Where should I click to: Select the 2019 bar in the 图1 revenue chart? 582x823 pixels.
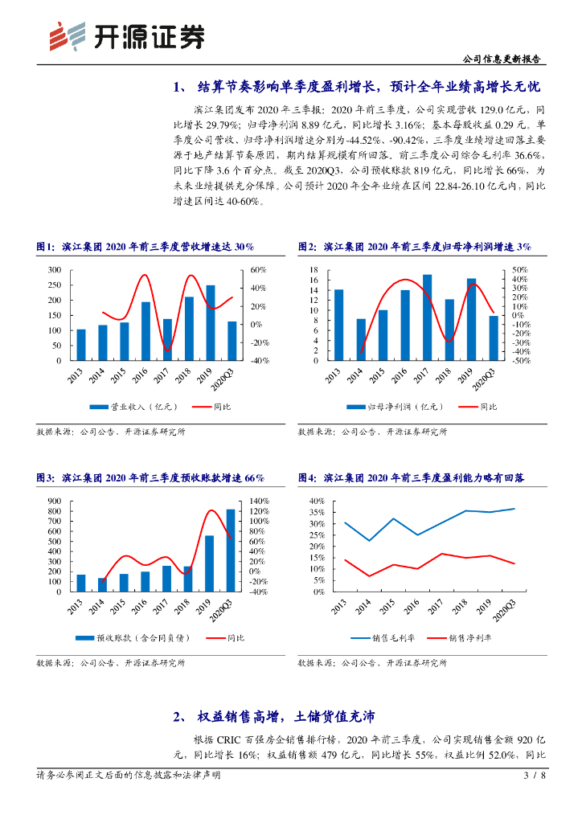pos(211,323)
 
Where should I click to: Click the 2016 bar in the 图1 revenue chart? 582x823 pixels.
pos(145,331)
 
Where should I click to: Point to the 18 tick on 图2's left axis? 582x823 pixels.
pos(314,269)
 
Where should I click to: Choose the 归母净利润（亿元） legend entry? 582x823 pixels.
pos(393,407)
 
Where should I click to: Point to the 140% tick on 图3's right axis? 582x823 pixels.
pos(258,501)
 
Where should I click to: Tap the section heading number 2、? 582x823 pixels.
pos(181,716)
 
